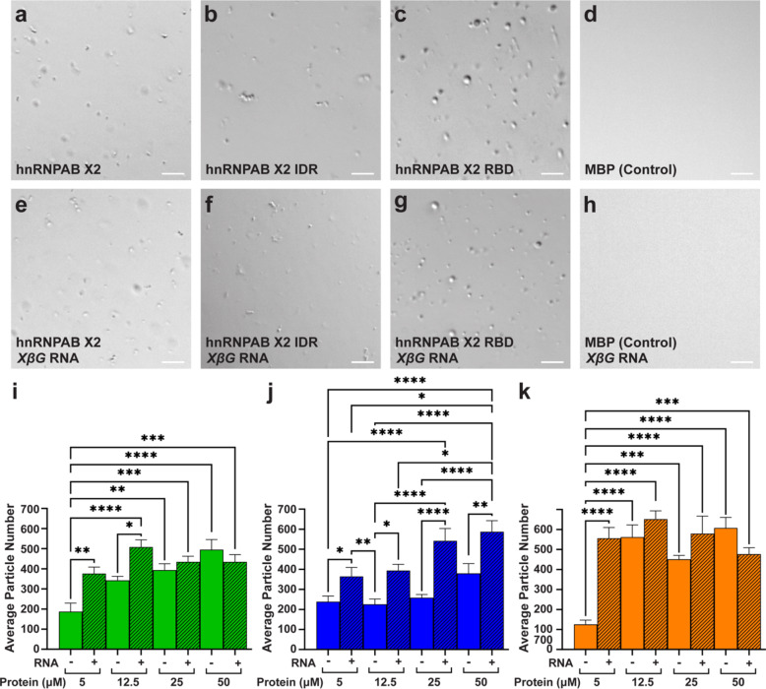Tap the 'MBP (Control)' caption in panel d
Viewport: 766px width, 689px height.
[630, 169]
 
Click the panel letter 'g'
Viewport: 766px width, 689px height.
[404, 203]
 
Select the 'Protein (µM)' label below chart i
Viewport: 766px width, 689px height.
[28, 681]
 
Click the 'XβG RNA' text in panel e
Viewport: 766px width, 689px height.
[44, 362]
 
